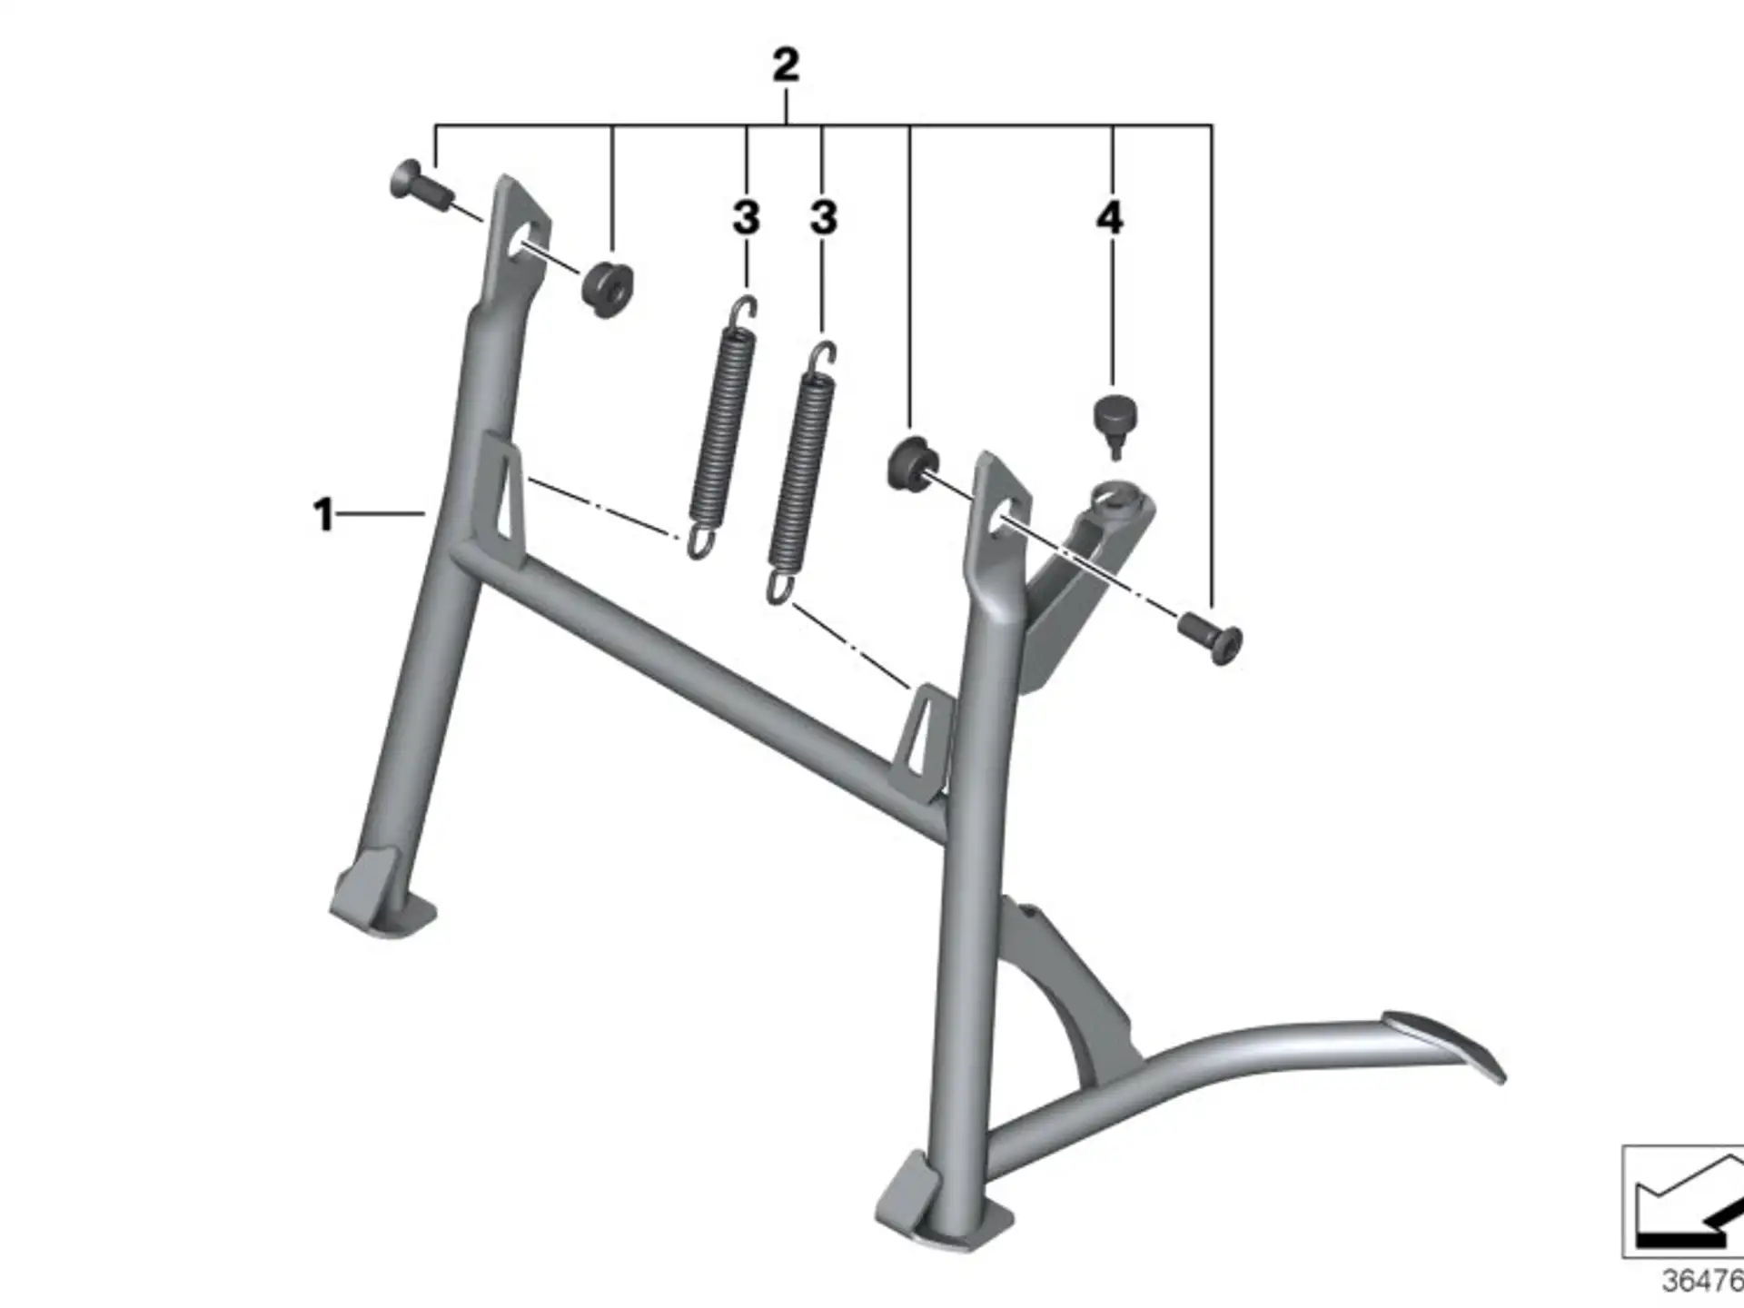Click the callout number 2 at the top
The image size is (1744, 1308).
786,65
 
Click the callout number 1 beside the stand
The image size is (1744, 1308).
323,515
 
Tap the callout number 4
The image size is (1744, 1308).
1109,218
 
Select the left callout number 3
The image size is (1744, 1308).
746,218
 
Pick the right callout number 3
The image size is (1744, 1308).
823,218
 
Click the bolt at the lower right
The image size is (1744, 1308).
1212,636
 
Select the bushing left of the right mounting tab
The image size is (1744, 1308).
909,463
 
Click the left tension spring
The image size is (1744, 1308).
724,427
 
